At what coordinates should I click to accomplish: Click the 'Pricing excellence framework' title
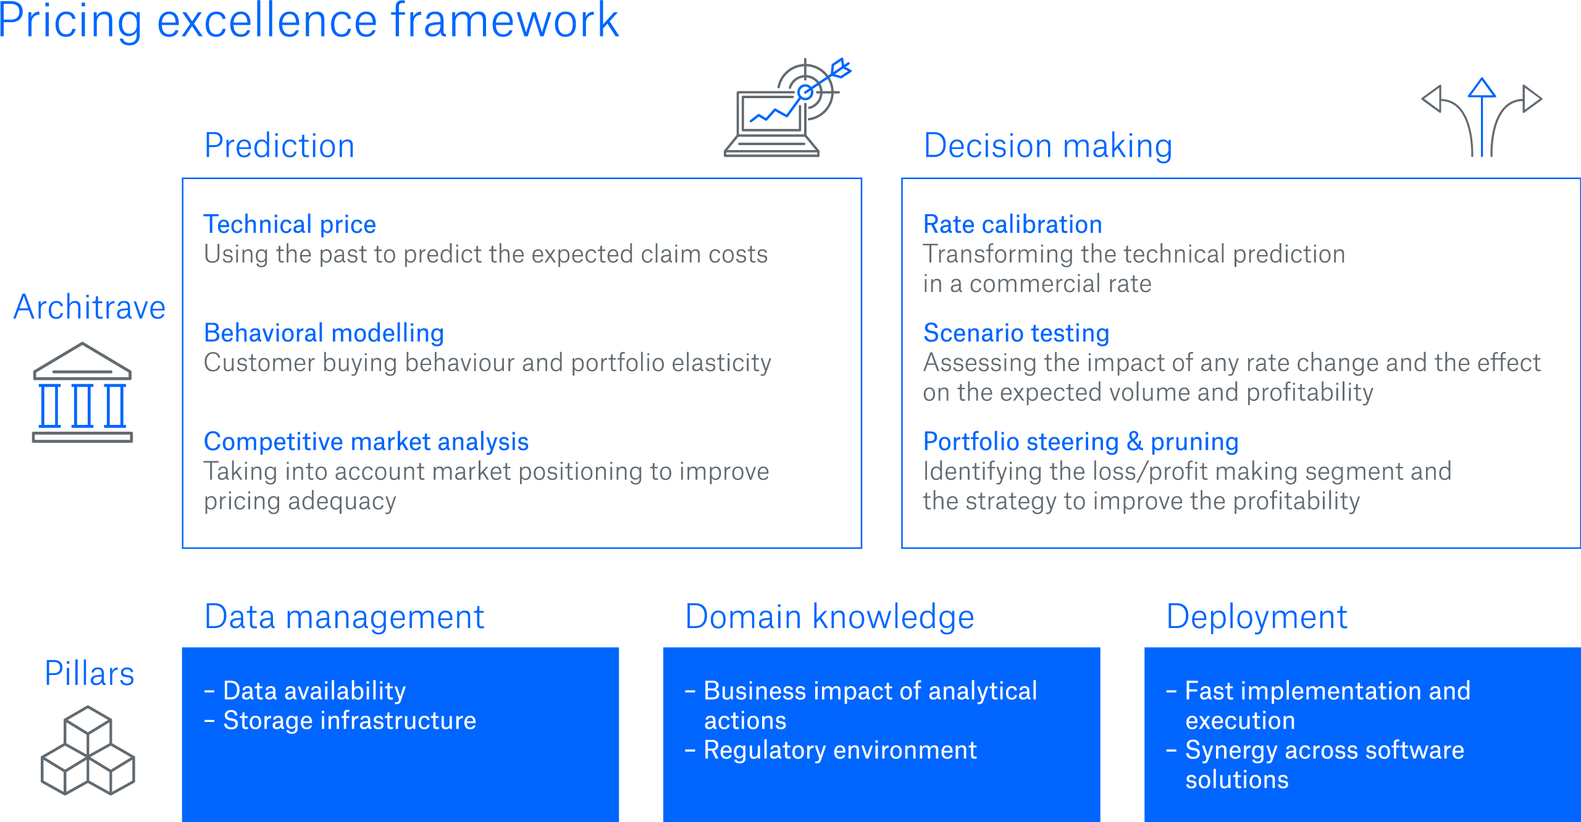tap(309, 21)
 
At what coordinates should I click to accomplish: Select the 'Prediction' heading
tap(279, 146)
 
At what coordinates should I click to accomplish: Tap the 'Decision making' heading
tap(1047, 146)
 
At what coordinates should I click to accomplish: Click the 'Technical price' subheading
tap(290, 224)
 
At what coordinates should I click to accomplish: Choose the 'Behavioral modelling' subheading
tap(324, 333)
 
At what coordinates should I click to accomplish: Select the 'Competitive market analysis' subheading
tap(366, 442)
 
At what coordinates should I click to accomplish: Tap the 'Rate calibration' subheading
tap(1012, 224)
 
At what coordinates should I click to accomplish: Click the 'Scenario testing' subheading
tap(1016, 333)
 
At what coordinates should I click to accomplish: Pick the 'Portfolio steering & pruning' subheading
tap(1081, 442)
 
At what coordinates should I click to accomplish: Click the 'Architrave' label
tap(90, 307)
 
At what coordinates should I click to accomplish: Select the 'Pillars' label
tap(90, 673)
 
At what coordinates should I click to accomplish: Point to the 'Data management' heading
tap(344, 616)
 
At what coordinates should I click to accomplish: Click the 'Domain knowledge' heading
tap(829, 616)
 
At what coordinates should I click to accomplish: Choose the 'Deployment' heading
tap(1256, 616)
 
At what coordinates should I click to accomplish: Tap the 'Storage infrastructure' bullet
tap(349, 721)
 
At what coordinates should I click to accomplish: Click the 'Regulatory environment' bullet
tap(840, 750)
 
